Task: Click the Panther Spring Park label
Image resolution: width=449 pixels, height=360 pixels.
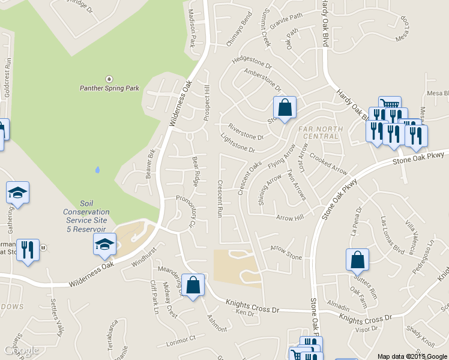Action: coord(109,88)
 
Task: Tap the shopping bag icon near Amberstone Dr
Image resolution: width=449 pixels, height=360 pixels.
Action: coord(285,108)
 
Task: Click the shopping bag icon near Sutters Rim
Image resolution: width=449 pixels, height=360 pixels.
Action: coord(357,260)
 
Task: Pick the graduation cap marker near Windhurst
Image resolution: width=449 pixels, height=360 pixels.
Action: coord(104,244)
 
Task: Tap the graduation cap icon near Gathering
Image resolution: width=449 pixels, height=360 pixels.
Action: coord(17,193)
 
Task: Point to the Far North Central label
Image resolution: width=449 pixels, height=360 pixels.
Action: coord(318,132)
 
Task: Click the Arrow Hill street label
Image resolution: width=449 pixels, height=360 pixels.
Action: coord(290,218)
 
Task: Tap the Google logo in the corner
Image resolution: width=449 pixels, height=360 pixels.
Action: coord(21,350)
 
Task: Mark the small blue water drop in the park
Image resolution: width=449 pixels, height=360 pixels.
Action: coord(97,170)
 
